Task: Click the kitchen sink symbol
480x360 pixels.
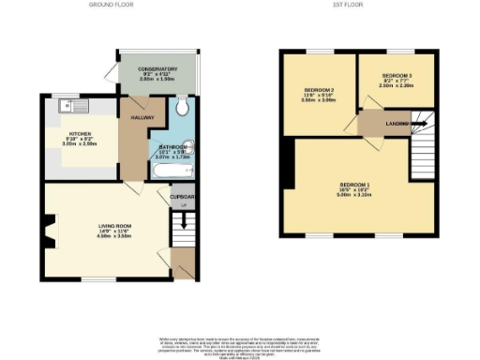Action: [x=67, y=106]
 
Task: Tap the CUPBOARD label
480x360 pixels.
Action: [x=183, y=197]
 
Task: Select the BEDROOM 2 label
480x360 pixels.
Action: [x=319, y=90]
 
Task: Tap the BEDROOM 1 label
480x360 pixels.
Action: [x=356, y=183]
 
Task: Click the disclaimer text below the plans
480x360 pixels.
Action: [x=240, y=345]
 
